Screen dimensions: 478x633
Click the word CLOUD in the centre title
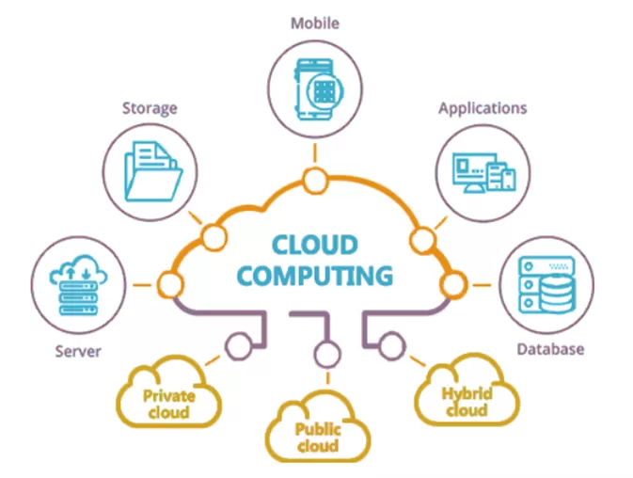click(314, 246)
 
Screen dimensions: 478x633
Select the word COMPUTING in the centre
click(314, 276)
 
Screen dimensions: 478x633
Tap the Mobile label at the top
click(314, 23)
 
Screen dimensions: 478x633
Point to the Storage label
click(150, 108)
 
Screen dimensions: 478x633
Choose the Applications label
click(483, 108)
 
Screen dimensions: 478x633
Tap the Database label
click(550, 349)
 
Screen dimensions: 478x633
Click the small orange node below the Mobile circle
click(314, 178)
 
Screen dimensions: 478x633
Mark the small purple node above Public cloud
click(326, 356)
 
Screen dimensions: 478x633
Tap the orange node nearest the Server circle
click(170, 281)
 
